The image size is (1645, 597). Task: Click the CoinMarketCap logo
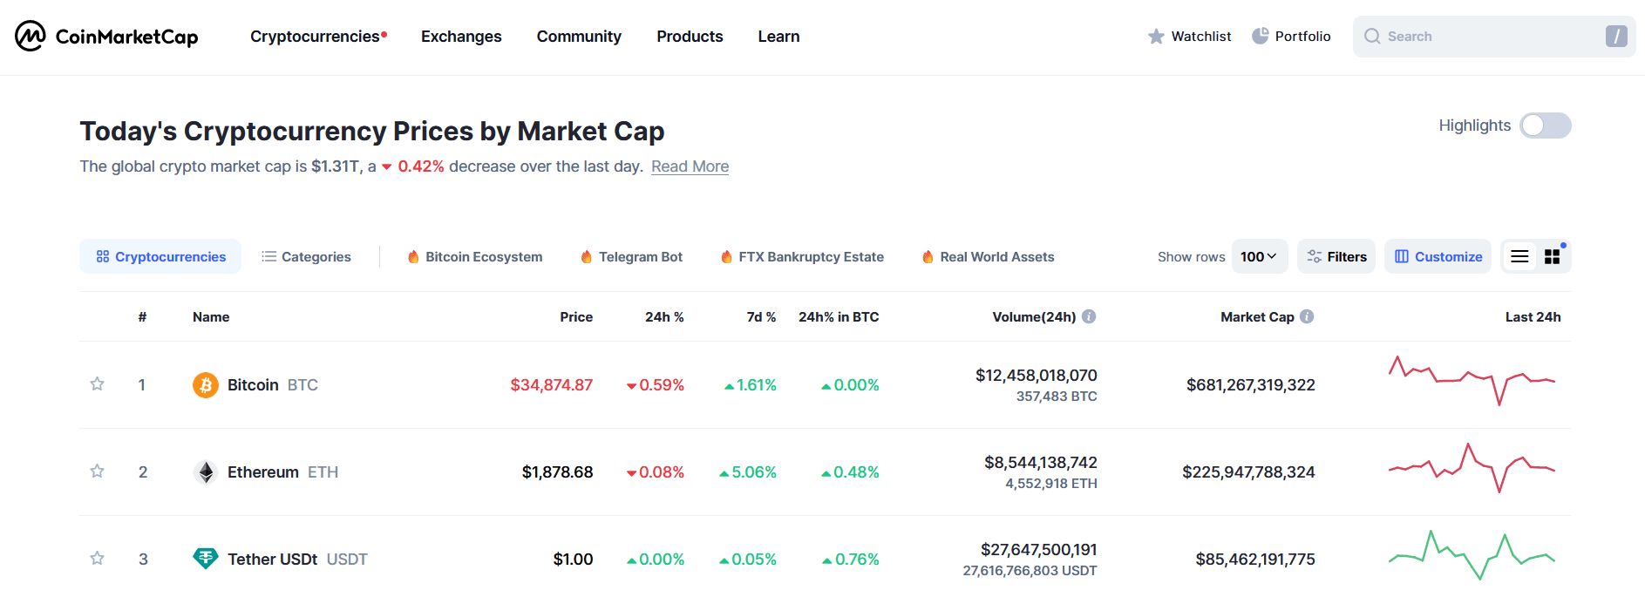[x=106, y=37]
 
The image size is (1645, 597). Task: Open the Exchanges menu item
[x=461, y=37]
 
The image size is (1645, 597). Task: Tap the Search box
[x=1482, y=37]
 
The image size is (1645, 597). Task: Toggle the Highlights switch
[x=1545, y=126]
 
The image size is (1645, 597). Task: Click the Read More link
[x=690, y=166]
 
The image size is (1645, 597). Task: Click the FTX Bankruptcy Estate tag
[x=802, y=257]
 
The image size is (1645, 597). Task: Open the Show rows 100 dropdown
[x=1259, y=257]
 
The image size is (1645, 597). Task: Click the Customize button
[x=1438, y=257]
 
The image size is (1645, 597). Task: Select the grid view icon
[x=1552, y=257]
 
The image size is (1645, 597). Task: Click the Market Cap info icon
[x=1307, y=317]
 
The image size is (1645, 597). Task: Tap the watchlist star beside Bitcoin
[x=98, y=384]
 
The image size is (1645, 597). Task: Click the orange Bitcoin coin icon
[x=206, y=385]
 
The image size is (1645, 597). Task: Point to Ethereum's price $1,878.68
[x=557, y=472]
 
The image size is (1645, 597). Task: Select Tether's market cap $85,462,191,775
[x=1254, y=560]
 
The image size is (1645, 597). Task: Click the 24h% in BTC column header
[x=838, y=317]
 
